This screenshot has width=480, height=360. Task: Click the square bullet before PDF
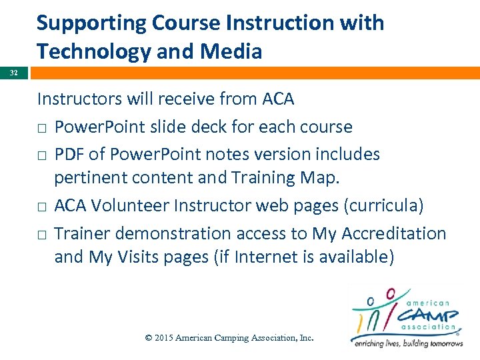coord(41,155)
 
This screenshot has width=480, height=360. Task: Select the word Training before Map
coord(267,178)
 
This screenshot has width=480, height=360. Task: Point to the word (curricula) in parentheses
coord(383,206)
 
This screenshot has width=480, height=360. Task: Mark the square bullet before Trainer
coord(41,235)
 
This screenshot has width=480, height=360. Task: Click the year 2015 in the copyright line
coord(164,338)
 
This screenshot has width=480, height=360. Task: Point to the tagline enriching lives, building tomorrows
coord(407,343)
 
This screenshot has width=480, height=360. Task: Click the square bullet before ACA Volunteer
coord(41,207)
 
